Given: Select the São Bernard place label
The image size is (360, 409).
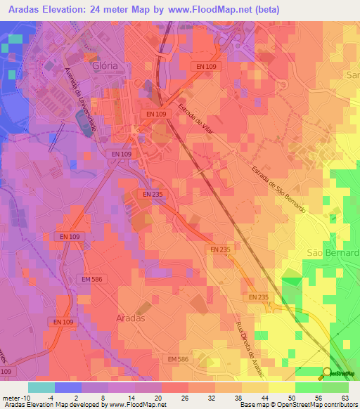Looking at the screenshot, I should pos(333,252).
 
